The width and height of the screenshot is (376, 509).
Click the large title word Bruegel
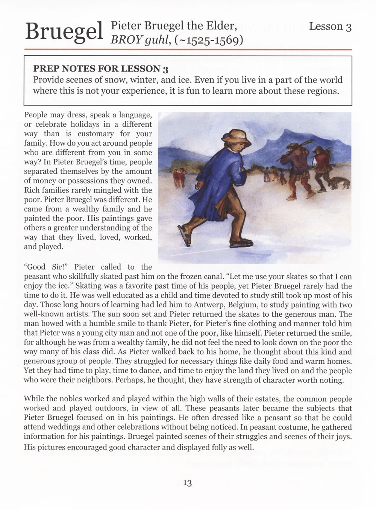coord(64,31)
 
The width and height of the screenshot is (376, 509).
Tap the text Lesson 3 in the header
coord(330,26)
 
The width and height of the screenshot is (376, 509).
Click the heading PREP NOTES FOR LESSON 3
coord(100,69)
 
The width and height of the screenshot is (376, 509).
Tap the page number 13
coord(188,483)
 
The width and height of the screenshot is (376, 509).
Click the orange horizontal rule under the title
coord(188,49)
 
